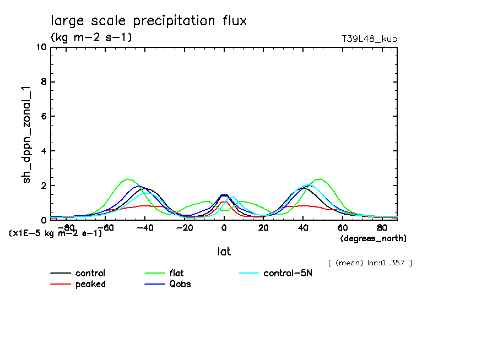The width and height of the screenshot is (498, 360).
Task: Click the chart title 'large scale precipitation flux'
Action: [x=149, y=21]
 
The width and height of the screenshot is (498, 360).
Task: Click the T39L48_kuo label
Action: [x=370, y=39]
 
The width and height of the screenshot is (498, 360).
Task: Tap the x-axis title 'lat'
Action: [x=224, y=252]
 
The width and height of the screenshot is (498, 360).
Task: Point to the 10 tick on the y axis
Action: [x=40, y=47]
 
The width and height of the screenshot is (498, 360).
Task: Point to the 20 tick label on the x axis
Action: [x=263, y=227]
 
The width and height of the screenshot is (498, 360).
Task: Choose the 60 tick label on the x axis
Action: [x=342, y=227]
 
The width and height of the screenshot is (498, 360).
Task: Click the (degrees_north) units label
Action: [x=373, y=238]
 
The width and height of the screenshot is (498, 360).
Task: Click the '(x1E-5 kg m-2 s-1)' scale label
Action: [x=56, y=233]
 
